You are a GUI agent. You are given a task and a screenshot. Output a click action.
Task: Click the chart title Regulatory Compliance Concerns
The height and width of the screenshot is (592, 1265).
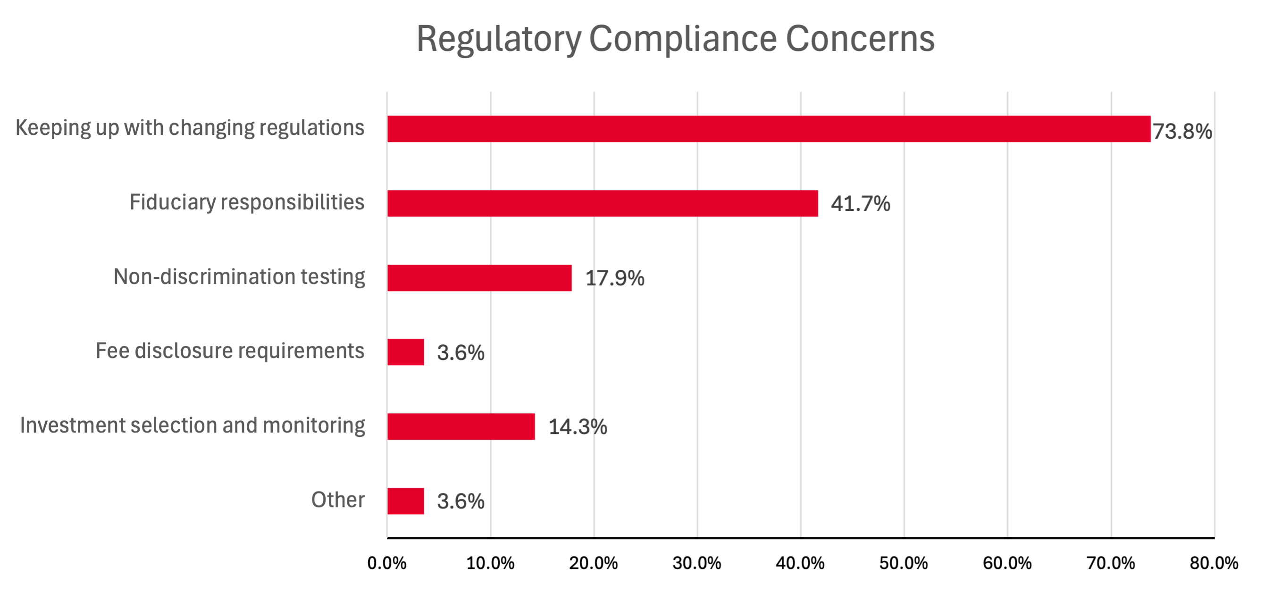675,39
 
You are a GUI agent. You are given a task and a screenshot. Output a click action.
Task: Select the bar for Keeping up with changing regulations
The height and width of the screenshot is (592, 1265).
769,129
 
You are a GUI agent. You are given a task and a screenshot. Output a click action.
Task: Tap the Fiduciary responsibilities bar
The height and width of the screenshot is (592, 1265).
603,203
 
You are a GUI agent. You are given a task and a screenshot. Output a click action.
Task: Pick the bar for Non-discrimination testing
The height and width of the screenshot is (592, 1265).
479,278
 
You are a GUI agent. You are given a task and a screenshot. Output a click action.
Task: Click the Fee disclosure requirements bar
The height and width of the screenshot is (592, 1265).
406,352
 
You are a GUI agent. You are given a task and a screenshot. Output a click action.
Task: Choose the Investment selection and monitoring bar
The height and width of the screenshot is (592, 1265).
461,426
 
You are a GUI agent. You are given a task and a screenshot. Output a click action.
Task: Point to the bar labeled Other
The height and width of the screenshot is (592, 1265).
406,500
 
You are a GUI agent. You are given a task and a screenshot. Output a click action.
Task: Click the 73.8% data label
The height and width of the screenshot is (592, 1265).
1182,132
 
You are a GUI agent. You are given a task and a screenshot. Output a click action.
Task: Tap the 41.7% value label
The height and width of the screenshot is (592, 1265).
860,204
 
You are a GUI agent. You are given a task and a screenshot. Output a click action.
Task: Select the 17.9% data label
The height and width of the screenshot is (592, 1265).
614,278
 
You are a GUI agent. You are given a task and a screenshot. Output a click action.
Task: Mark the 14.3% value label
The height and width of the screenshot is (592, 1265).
578,427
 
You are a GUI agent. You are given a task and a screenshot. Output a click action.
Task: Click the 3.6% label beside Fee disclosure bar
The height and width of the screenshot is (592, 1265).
461,353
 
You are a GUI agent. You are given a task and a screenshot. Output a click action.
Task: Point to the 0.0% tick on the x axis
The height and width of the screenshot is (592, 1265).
387,563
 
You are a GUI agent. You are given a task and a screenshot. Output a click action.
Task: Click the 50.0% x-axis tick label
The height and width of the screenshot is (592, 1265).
904,563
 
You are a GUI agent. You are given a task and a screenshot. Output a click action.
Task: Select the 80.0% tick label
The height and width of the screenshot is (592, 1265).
1214,563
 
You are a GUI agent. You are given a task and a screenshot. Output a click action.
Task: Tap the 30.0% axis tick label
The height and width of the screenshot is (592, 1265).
697,563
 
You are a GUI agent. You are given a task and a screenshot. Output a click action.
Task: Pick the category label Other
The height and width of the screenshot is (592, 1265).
338,500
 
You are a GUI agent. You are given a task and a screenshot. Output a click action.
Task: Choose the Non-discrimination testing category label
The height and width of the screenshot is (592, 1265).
239,277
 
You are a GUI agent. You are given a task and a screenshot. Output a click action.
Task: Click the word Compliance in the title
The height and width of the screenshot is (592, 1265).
683,39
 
